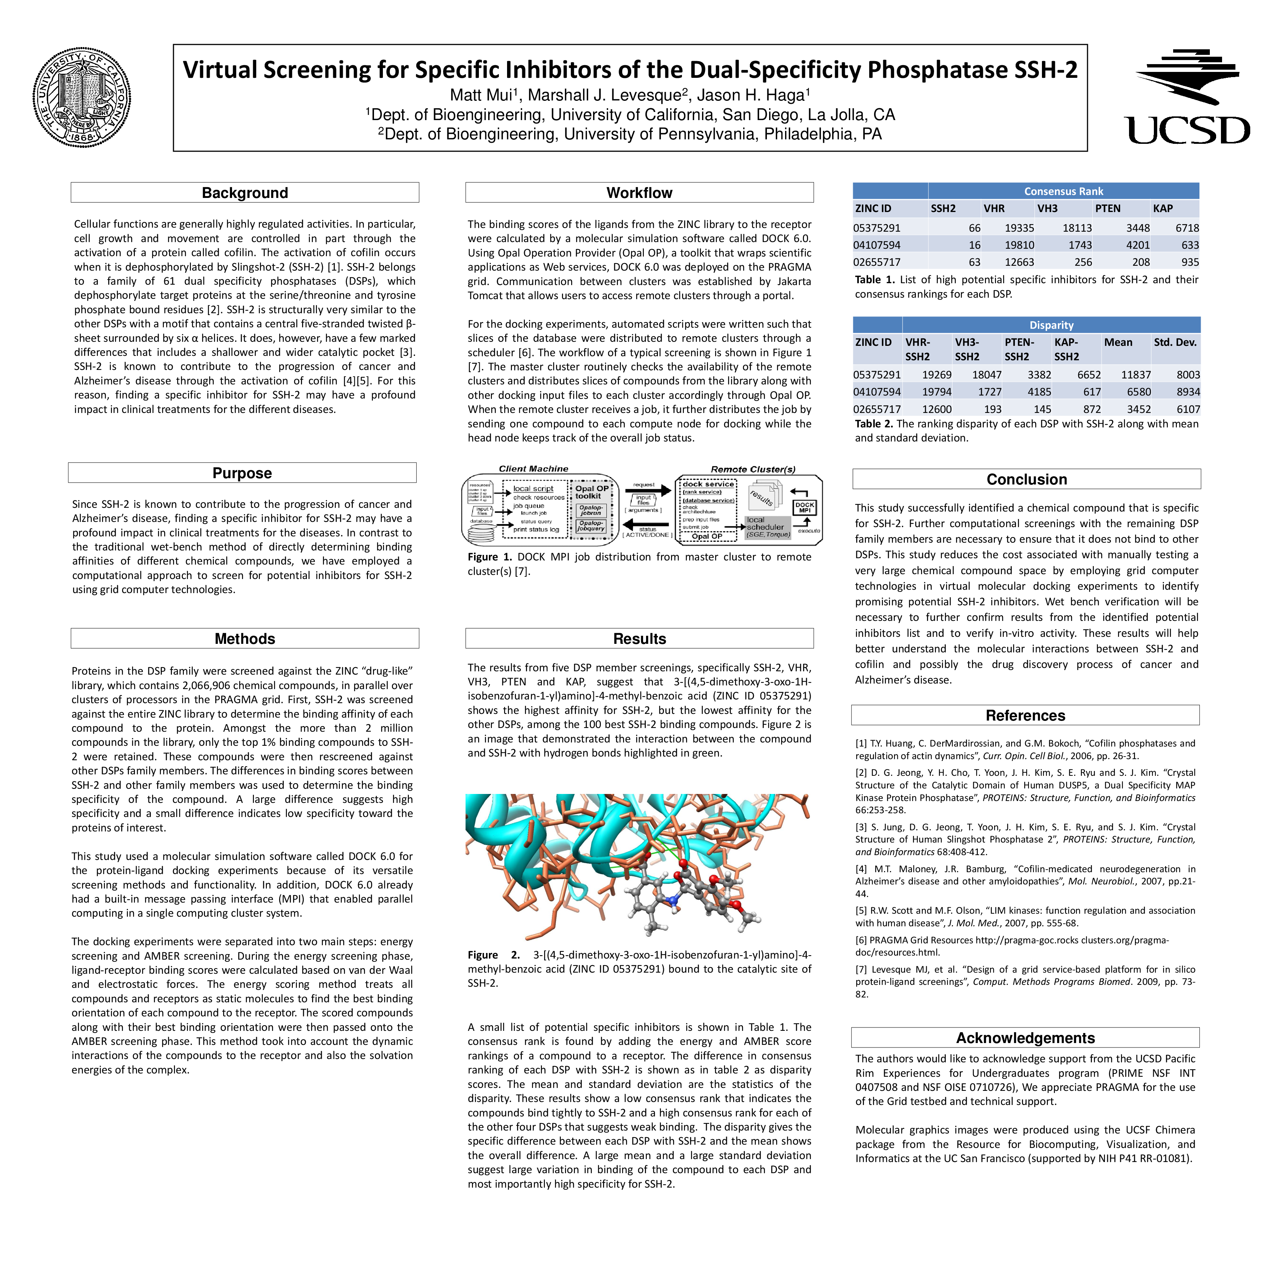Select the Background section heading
pos(245,193)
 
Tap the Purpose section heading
pos(242,473)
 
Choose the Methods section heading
pos(245,639)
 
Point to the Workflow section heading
pos(639,193)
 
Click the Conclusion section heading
pos(1026,479)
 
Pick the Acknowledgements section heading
pos(1025,1038)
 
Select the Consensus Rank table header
pos(1063,191)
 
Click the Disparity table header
pos(1051,325)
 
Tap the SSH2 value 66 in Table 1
pos(974,228)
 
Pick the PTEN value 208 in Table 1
pos(1141,262)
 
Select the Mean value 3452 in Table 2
pos(1138,409)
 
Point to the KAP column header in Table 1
pos(1163,208)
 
